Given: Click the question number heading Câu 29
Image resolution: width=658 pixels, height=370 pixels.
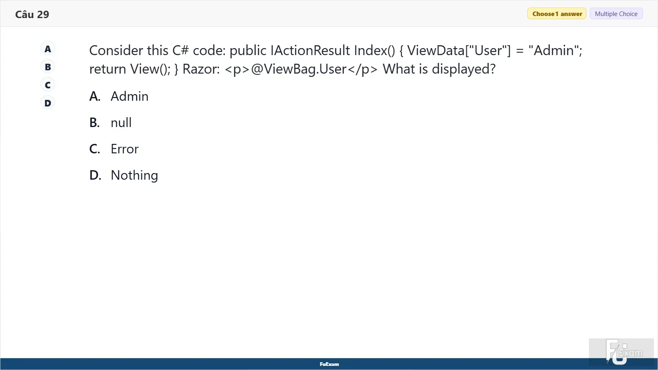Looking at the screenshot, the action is pyautogui.click(x=32, y=14).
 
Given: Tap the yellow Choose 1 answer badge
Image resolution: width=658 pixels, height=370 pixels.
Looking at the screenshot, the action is pyautogui.click(x=557, y=14).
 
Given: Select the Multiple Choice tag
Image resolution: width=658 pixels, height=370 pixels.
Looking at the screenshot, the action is pyautogui.click(x=616, y=14).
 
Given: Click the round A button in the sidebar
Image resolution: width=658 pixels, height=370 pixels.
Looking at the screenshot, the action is pyautogui.click(x=48, y=49).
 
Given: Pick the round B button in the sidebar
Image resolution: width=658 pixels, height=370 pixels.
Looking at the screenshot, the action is pyautogui.click(x=48, y=67).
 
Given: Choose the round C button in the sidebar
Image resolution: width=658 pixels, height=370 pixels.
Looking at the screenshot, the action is pyautogui.click(x=48, y=85).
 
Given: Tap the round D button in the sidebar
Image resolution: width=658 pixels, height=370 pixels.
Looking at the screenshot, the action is pyautogui.click(x=48, y=103).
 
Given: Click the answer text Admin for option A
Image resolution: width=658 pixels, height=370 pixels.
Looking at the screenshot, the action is pyautogui.click(x=130, y=96).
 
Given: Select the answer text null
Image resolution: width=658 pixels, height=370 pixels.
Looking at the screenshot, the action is pyautogui.click(x=121, y=123).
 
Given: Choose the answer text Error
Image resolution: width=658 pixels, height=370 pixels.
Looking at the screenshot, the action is pyautogui.click(x=125, y=149).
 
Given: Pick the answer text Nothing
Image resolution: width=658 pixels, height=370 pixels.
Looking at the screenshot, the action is pyautogui.click(x=134, y=175).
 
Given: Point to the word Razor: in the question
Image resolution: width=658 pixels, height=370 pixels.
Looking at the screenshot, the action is pyautogui.click(x=201, y=69).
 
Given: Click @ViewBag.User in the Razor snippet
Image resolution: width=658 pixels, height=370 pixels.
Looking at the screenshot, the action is pyautogui.click(x=299, y=69).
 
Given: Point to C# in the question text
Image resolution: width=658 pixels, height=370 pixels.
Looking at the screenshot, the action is pyautogui.click(x=181, y=51).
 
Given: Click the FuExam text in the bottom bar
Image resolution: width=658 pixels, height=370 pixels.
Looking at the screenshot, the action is pyautogui.click(x=329, y=364).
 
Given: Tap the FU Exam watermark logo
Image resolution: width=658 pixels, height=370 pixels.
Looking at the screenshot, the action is pyautogui.click(x=621, y=352).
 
